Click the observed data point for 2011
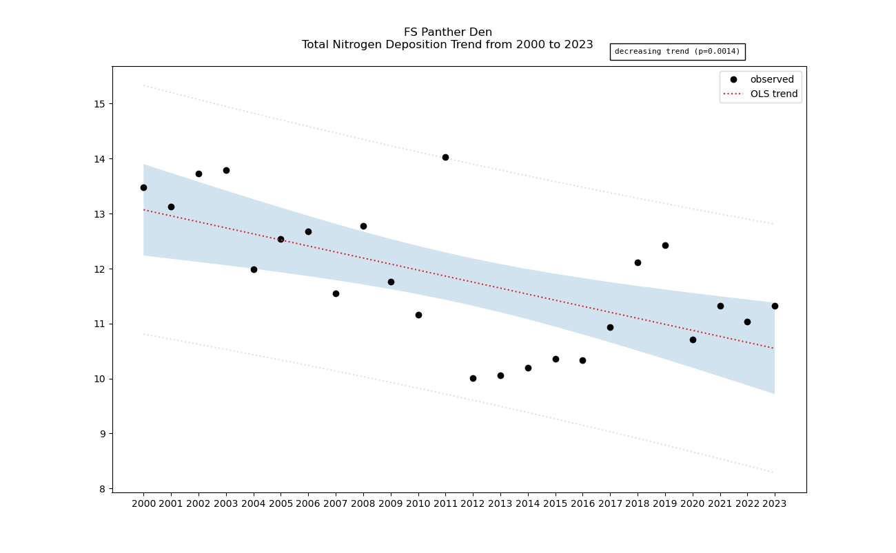tap(445, 157)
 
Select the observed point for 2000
tap(143, 187)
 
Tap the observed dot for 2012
tap(473, 378)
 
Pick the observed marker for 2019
tap(665, 245)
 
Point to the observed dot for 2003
tap(226, 170)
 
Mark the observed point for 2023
tap(775, 306)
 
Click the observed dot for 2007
tap(336, 293)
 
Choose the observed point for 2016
tap(582, 360)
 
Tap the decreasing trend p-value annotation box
tap(677, 52)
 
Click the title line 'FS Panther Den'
tap(447, 32)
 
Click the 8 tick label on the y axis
tap(102, 489)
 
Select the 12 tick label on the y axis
tap(99, 269)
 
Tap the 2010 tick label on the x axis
tap(418, 503)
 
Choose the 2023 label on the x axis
tap(775, 503)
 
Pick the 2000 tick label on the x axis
tap(143, 503)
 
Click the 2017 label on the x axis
tap(610, 503)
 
